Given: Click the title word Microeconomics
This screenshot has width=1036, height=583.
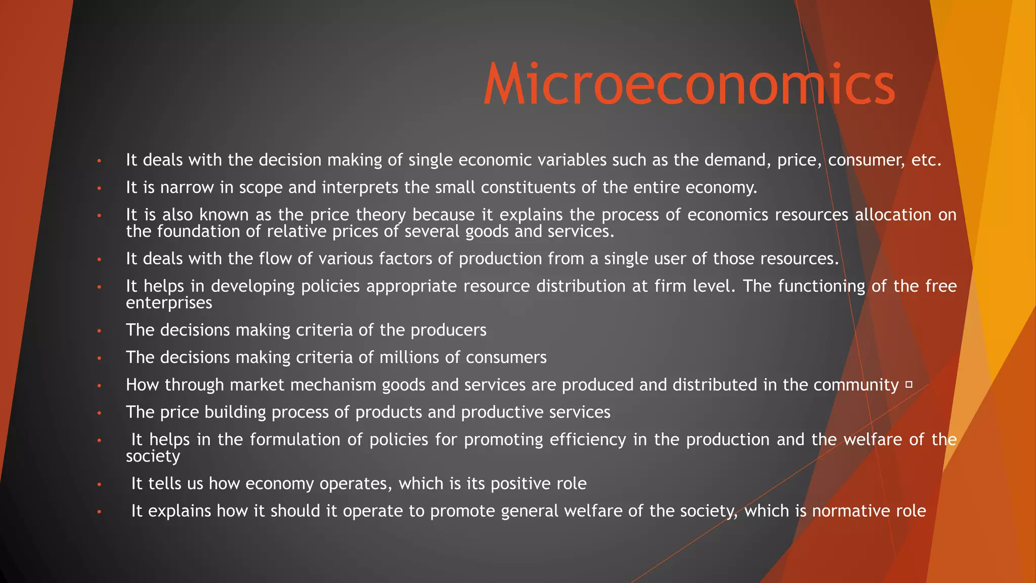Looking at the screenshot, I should [689, 85].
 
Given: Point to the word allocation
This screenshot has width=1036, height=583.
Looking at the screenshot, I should [893, 215].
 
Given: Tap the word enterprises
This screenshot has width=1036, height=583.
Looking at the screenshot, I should [169, 303].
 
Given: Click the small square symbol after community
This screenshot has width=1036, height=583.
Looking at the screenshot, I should [909, 385].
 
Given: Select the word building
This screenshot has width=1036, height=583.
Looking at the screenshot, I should [235, 412].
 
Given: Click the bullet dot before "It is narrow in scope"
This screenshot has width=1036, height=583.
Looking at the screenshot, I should [100, 189].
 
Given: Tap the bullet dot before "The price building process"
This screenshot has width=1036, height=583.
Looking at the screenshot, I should [100, 413].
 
